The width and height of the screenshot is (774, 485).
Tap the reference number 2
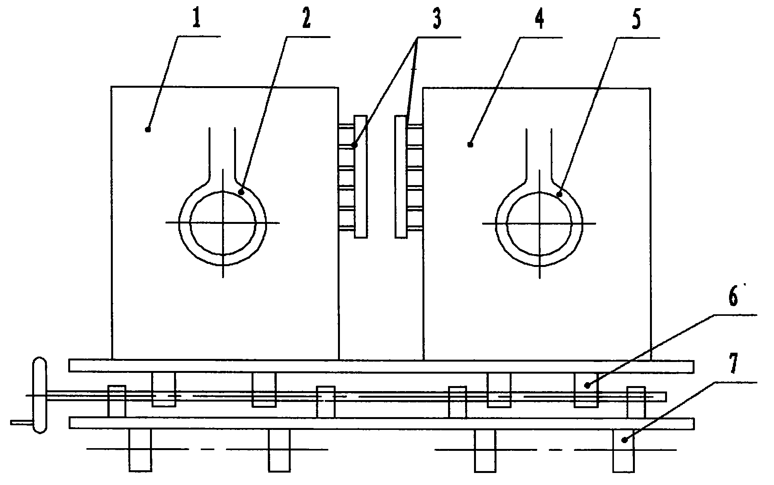click(306, 17)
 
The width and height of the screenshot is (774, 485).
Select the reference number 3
click(436, 17)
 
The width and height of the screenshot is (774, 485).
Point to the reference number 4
click(539, 17)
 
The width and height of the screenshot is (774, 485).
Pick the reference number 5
click(636, 17)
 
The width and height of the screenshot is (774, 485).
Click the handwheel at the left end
click(40, 395)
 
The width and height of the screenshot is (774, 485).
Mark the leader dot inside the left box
click(148, 129)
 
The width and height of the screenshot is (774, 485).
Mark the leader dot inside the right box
click(471, 145)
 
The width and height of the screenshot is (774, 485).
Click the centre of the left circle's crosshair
click(223, 223)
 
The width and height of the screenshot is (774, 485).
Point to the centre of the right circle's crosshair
click(540, 223)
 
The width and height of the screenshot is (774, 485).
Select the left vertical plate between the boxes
click(360, 176)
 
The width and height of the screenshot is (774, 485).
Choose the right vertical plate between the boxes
click(401, 176)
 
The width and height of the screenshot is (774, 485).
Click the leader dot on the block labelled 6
click(588, 385)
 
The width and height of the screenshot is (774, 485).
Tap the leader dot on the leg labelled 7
click(624, 440)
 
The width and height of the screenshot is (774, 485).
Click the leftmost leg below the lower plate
click(140, 450)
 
